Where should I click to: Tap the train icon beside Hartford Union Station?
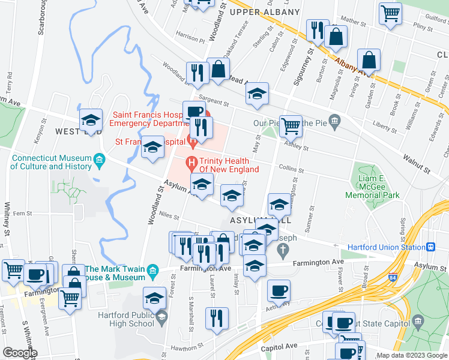(430, 247)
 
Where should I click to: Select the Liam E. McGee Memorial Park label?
(372, 187)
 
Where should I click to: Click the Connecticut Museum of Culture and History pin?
(100, 160)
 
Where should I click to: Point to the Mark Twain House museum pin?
(153, 273)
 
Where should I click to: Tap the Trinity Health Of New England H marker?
(191, 162)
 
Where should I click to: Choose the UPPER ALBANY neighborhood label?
(264, 12)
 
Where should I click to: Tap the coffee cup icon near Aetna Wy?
(279, 291)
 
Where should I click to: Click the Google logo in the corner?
(20, 353)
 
